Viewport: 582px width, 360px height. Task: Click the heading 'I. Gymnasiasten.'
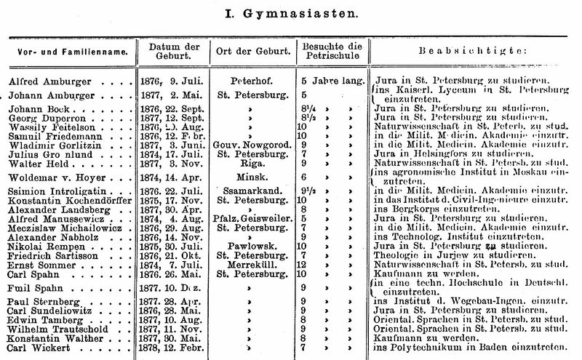click(291, 13)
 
